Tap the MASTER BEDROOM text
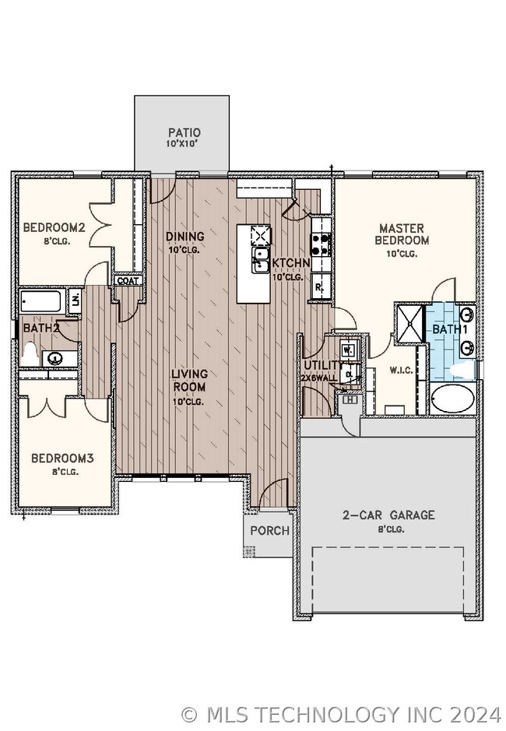pos(402,234)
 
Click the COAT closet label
pos(129,280)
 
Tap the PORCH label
pos(269,530)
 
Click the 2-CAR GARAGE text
pos(388,515)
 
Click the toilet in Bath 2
pos(30,353)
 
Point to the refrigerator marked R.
pos(320,287)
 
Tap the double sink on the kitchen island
pos(261,260)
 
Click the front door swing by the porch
pos(274,494)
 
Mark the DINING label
pos(185,237)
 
